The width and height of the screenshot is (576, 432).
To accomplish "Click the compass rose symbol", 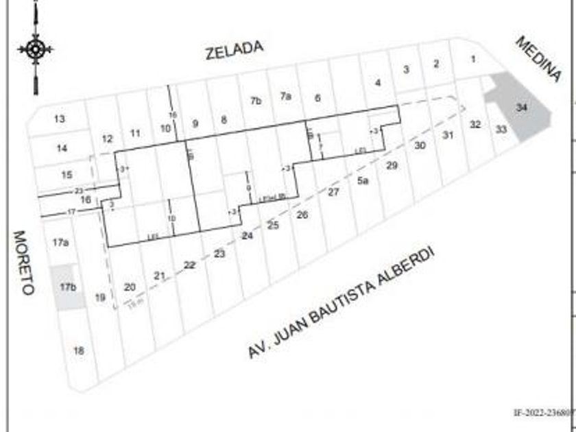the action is pos(36,49).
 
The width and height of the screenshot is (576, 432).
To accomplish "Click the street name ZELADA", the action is pos(235,50).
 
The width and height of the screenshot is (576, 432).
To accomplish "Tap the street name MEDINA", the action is pos(538,59).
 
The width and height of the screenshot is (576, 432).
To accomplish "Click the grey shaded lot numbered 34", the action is pos(522,108).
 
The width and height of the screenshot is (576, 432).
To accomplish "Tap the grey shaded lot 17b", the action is pos(67,287).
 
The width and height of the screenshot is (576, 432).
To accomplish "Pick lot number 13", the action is pos(60,119).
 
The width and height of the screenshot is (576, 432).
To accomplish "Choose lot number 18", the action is pos(79,350).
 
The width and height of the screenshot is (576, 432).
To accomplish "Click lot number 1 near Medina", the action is pos(473,60).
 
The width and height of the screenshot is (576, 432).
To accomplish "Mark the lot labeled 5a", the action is pos(363,181).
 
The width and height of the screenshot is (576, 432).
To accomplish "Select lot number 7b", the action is pos(256,101).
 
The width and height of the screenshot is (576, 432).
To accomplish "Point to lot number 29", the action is pos(392,165).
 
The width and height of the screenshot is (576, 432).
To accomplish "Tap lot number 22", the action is pos(190,265).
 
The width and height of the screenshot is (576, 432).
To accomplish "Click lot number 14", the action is pos(62,148).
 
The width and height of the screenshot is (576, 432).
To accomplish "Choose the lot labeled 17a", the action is pos(60,242).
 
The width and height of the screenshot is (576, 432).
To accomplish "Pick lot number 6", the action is pos(317,98).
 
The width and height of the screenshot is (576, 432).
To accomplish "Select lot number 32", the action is pos(475,125).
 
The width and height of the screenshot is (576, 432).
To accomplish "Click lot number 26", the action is pos(302,215).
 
